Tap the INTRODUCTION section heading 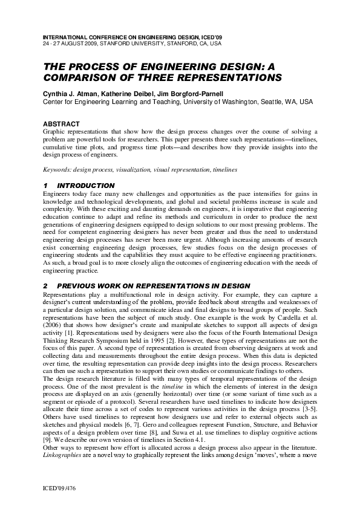[86, 185]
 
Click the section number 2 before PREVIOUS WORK [45, 285]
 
